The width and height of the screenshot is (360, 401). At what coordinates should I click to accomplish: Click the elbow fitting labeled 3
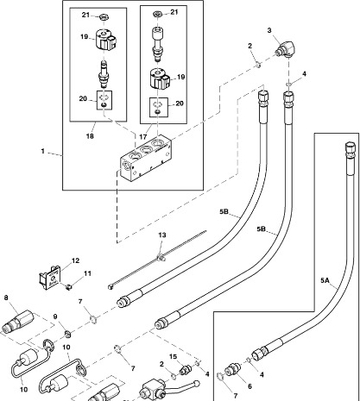285,49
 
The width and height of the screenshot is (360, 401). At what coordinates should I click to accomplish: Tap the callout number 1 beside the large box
43,151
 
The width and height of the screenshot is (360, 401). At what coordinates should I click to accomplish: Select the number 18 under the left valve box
90,136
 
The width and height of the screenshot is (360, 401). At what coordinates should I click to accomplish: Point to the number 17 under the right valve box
143,137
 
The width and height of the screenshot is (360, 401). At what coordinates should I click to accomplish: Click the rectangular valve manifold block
146,159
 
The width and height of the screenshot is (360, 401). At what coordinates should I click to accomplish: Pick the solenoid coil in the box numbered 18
105,40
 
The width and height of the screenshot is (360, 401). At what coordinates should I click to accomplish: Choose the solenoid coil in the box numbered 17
160,78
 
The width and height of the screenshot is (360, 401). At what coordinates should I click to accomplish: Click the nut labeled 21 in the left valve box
104,17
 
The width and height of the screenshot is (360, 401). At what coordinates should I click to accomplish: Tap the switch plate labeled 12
50,278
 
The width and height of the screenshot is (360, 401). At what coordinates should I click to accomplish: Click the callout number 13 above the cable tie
162,235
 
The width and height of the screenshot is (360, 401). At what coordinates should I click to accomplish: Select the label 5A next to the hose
325,280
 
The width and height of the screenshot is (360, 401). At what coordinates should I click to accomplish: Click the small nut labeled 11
68,286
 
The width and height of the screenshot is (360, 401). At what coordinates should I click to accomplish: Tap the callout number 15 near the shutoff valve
174,357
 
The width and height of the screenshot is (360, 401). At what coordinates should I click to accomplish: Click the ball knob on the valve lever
197,384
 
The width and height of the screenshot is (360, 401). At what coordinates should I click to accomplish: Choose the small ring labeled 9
67,335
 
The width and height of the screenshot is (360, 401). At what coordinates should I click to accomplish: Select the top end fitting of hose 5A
350,150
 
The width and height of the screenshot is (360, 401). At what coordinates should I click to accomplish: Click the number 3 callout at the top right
269,30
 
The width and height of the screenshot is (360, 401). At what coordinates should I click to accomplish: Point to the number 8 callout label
6,298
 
